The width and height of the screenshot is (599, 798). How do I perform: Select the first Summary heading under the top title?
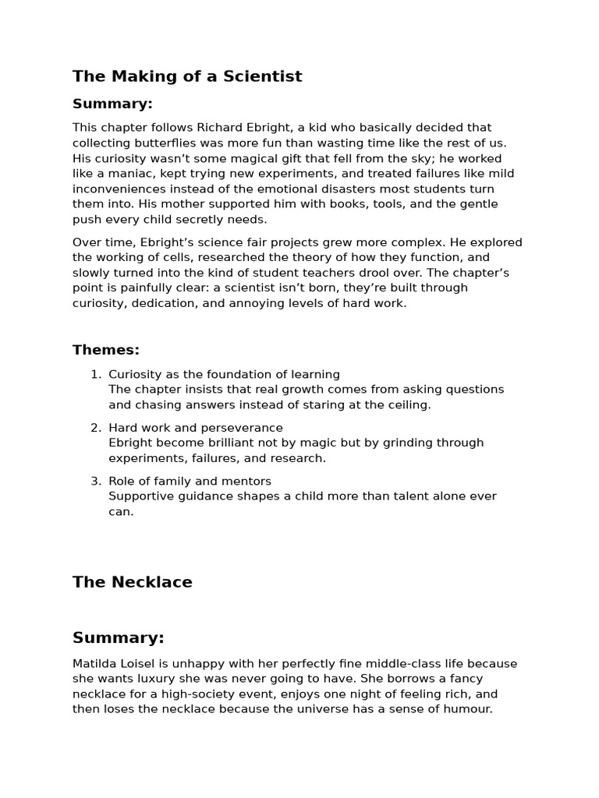tap(112, 104)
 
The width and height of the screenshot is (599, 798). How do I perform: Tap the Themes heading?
tap(106, 350)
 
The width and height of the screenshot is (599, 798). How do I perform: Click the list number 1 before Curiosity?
tap(96, 374)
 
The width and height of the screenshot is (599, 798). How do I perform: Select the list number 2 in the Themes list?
tap(96, 428)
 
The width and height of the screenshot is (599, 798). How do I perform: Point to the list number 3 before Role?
tap(96, 481)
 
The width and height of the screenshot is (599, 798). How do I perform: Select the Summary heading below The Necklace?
tap(119, 637)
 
